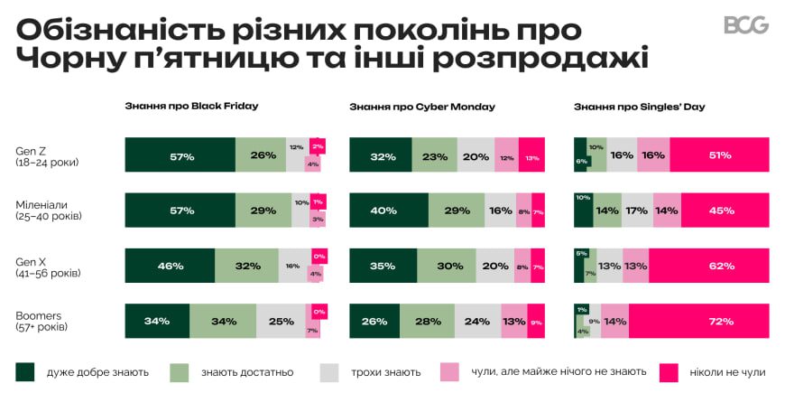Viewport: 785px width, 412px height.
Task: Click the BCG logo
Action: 745,25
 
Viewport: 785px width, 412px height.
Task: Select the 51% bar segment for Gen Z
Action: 719,155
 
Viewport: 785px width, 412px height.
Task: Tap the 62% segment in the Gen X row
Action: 708,266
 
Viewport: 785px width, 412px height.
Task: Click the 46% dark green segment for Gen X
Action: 170,266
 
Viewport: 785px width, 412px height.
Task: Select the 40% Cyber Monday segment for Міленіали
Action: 383,211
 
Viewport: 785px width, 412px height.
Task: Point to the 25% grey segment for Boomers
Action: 281,321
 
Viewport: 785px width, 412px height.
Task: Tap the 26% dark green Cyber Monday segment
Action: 374,321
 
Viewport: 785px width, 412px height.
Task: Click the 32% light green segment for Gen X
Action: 246,266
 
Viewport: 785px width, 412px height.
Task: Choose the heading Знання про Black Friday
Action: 191,106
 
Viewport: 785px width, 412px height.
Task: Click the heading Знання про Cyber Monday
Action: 421,107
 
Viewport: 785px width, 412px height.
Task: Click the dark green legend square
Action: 25,371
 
